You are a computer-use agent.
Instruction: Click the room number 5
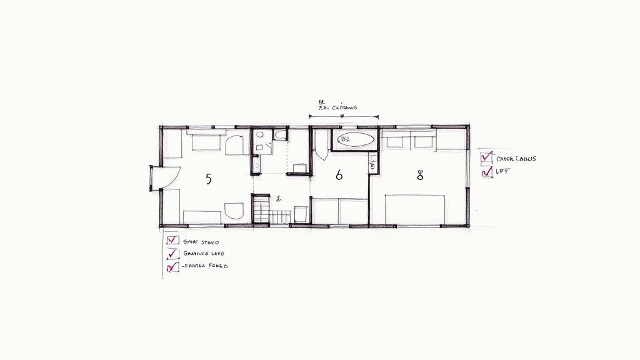[208, 179]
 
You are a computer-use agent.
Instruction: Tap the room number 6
[339, 176]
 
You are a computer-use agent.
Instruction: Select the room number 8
[420, 176]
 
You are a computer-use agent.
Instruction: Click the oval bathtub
[356, 139]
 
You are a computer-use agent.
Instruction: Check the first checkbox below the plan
[172, 240]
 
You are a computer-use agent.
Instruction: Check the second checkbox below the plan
[172, 253]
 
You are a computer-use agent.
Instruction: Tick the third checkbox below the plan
[172, 266]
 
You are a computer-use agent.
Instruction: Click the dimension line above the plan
[344, 116]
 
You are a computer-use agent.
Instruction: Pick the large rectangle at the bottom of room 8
[415, 209]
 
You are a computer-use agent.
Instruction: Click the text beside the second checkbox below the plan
[204, 254]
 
